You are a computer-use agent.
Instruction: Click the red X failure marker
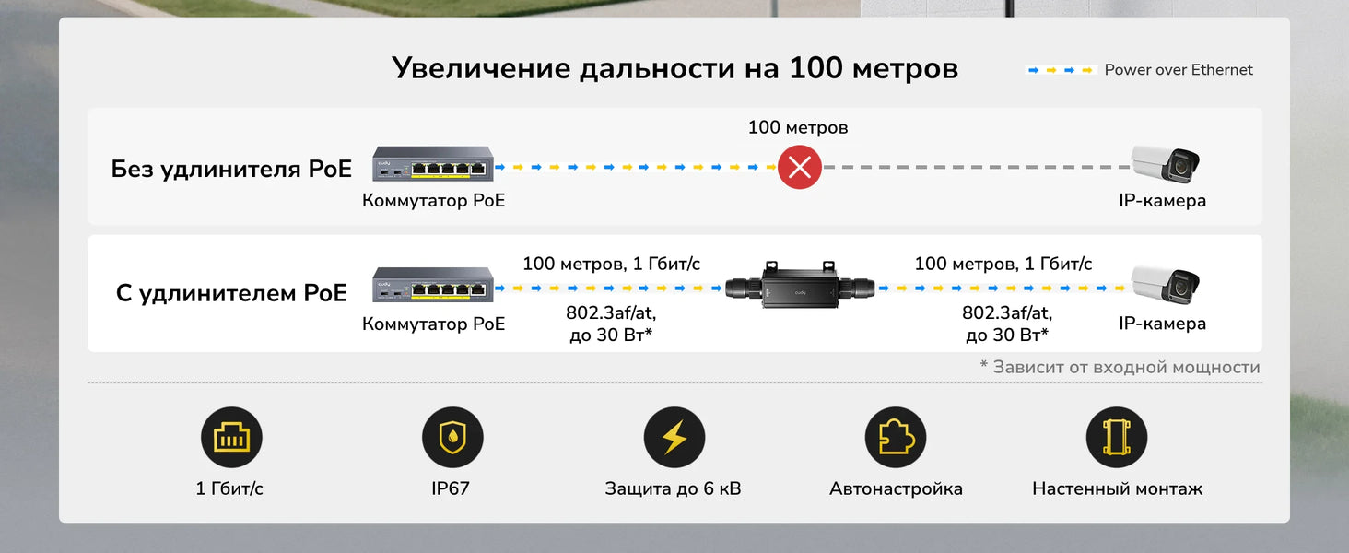coord(799,167)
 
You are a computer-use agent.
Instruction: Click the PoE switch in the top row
coord(433,164)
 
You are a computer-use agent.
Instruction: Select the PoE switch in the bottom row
coord(433,285)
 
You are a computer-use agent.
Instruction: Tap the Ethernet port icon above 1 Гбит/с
coord(231,438)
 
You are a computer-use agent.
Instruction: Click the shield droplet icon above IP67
coord(452,438)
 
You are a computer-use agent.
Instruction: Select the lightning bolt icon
coord(674,438)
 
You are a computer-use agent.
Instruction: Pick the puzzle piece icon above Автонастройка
coord(895,438)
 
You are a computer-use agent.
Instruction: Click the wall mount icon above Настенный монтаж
coord(1117,438)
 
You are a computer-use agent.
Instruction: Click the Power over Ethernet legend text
coord(1179,70)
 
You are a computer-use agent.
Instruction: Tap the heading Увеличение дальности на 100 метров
coord(674,68)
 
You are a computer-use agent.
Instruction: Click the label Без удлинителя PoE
coord(231,169)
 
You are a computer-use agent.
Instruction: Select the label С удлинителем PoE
coord(231,293)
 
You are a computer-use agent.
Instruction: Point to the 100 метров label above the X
coord(798,127)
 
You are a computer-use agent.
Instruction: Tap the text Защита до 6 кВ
coord(673,488)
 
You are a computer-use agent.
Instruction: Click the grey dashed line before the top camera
coord(977,168)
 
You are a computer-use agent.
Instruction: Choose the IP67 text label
coord(451,488)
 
